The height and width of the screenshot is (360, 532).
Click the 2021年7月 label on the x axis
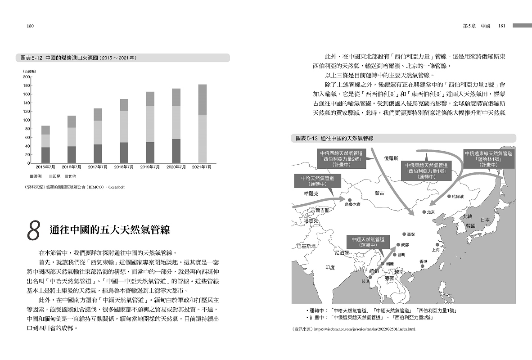pos(202,167)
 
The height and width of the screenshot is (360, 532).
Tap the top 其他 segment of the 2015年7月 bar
pos(45,130)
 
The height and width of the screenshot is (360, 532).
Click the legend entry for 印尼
pos(55,176)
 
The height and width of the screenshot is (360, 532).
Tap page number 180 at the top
pos(31,26)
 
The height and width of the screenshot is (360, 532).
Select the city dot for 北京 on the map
pos(424,212)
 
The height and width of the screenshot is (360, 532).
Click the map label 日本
pos(485,220)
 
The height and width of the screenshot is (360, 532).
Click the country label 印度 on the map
pos(330,267)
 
